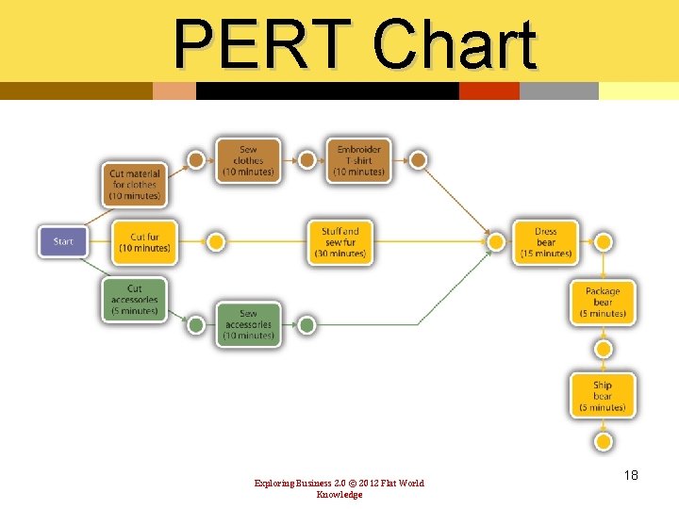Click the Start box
(x=62, y=241)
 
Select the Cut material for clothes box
(x=134, y=185)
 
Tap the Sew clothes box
(x=248, y=161)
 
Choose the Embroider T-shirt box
(x=359, y=161)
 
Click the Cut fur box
(x=144, y=242)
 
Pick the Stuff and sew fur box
(x=340, y=242)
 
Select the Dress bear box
(x=545, y=242)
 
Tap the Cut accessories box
(x=134, y=300)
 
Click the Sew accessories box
(x=248, y=324)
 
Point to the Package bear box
(x=603, y=303)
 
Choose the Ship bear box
(x=603, y=396)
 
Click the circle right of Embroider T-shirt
(x=418, y=160)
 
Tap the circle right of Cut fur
(x=215, y=242)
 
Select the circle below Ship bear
(x=604, y=441)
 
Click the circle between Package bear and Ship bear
(x=604, y=349)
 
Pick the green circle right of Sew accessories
(x=306, y=325)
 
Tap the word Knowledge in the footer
(x=339, y=495)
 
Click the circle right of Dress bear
(x=604, y=242)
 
